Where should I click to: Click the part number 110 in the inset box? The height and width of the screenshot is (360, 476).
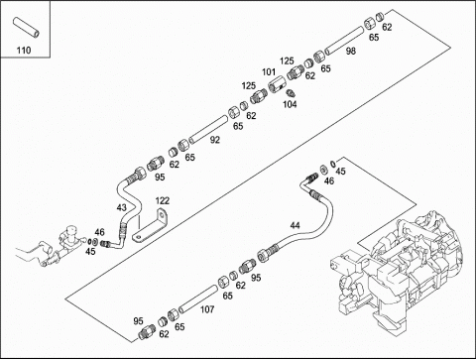coord(24,51)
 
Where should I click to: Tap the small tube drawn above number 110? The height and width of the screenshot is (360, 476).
coord(26,27)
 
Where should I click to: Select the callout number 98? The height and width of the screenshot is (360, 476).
coord(351,51)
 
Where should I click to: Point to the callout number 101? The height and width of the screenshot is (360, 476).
coord(269,71)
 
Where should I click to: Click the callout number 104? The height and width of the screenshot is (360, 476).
coord(290,104)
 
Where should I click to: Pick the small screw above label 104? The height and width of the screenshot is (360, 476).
coord(290,93)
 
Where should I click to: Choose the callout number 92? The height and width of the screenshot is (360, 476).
coord(215,140)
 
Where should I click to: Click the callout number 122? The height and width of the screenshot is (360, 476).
coord(163,200)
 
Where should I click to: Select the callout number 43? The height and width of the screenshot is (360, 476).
coord(122,207)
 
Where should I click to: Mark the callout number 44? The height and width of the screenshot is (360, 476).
coord(296,225)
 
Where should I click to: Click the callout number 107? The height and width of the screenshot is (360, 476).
coord(207,309)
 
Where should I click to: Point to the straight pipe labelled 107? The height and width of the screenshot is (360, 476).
coord(197,299)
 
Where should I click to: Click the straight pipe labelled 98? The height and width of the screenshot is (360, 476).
coord(344,41)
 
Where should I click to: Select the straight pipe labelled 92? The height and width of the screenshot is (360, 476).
coord(208,130)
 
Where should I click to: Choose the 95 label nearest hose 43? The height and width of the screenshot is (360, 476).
coord(160,178)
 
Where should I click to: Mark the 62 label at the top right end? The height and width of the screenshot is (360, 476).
coord(387,27)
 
